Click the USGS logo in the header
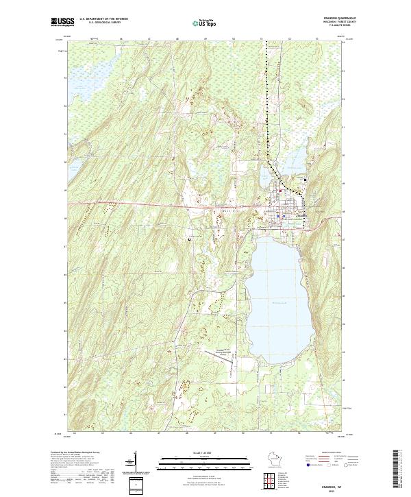coord(62,22)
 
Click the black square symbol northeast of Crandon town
coord(305,180)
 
